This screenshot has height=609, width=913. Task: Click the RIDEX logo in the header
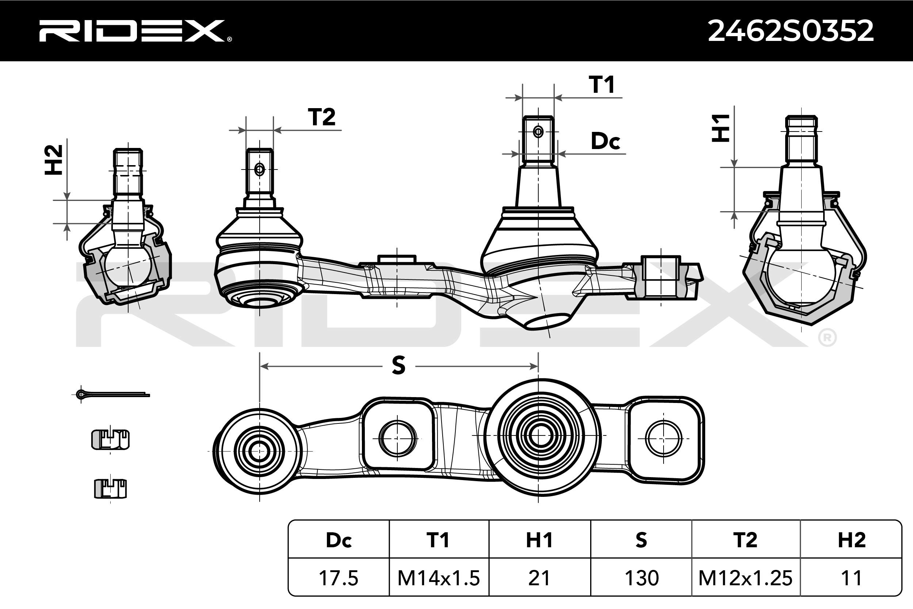pos(135,31)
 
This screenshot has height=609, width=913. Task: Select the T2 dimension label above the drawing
pos(322,117)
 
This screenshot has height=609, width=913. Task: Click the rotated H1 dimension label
pos(721,128)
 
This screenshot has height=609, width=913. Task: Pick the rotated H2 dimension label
pos(54,160)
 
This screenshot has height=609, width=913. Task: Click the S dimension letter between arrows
pos(399,365)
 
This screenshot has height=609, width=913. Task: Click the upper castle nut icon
pos(110,439)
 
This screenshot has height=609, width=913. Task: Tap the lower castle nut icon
pos(111,488)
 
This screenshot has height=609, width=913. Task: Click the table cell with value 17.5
pos(338,578)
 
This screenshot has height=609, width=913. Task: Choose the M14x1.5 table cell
pos(439,578)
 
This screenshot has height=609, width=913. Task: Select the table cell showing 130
pos(641,578)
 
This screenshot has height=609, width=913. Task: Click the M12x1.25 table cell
pos(745,578)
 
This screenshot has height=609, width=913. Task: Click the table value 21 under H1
pos(539,578)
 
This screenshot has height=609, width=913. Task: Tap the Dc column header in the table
pos(339,540)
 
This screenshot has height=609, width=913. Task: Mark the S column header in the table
pos(641,540)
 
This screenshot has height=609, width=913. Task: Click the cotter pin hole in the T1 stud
pos(538,132)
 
